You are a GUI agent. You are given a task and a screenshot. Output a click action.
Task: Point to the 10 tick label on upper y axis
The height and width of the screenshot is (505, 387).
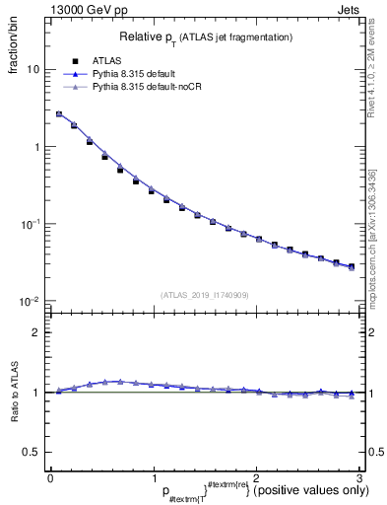click(32, 70)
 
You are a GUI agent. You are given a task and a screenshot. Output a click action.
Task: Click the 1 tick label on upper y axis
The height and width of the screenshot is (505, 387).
click(36, 147)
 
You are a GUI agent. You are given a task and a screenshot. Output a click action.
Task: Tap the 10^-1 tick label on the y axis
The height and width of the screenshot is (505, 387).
click(32, 224)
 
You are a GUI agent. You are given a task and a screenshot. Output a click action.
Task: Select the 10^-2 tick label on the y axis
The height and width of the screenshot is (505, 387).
click(32, 301)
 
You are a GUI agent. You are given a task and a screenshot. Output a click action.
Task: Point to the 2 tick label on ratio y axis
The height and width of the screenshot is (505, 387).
click(36, 332)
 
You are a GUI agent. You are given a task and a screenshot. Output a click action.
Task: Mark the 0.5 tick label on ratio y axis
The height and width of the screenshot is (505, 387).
click(32, 452)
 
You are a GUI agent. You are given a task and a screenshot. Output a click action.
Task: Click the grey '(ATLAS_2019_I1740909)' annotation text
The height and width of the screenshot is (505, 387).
click(203, 294)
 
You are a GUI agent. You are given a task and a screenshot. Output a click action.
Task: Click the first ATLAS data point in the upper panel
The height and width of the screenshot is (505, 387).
click(59, 114)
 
